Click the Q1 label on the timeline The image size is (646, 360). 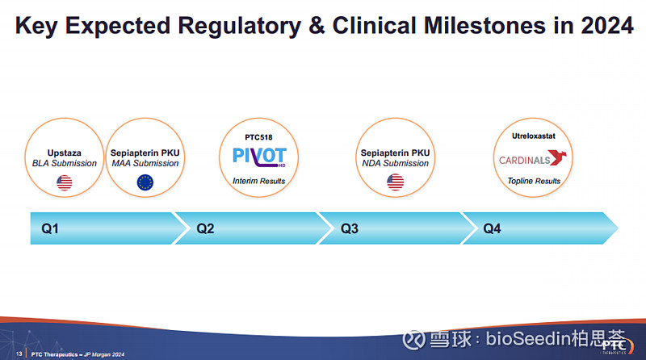pos(50,228)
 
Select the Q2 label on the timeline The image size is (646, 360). pos(205,228)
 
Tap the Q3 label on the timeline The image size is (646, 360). pos(350,228)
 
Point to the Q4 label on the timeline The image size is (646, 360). pos(492,228)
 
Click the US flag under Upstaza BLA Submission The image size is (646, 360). pos(65,182)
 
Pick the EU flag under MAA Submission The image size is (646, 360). pos(145,182)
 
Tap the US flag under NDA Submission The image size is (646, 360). pos(396,182)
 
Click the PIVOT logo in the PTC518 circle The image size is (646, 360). pos(259,157)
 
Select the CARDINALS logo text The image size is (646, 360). pos(524,160)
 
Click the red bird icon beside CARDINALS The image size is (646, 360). pos(558,157)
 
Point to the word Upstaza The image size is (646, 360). pos(65,153)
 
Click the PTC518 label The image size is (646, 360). pos(258,137)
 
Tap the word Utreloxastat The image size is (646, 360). pos(534,136)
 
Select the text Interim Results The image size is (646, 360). pos(258,181)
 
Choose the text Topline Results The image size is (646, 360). pos(534,181)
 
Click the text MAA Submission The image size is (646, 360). pos(145,164)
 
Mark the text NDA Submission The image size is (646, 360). pos(396,164)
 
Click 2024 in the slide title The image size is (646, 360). pos(607,26)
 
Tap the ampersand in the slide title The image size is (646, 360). pos(317,26)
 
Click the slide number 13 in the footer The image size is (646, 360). pos(19,354)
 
